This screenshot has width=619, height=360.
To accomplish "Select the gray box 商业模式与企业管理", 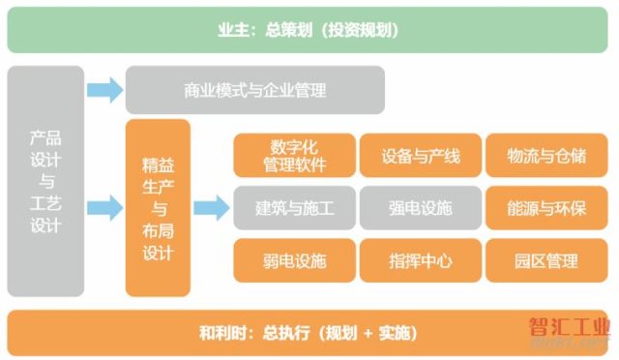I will (x=254, y=91).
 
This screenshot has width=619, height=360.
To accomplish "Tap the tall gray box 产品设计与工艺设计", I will (x=45, y=181).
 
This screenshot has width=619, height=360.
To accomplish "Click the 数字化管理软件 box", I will (x=291, y=156).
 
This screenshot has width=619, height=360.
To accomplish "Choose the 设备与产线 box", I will (x=419, y=156).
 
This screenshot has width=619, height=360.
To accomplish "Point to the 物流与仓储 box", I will (x=545, y=156).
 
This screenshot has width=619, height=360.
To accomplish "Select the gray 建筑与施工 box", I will (x=293, y=207).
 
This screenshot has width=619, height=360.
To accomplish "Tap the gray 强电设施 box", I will (x=419, y=207).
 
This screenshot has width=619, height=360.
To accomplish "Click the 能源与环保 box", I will (x=545, y=207).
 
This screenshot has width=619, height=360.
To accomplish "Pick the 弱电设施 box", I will (x=293, y=259).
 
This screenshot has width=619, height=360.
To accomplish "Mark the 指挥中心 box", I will (x=419, y=259).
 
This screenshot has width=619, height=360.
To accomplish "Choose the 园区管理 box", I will (x=545, y=259).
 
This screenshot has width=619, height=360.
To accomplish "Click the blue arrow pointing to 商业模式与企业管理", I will (x=104, y=91).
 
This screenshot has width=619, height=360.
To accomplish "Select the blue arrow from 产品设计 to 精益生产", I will (x=104, y=207).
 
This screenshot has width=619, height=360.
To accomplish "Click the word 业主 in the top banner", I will (x=235, y=30).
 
